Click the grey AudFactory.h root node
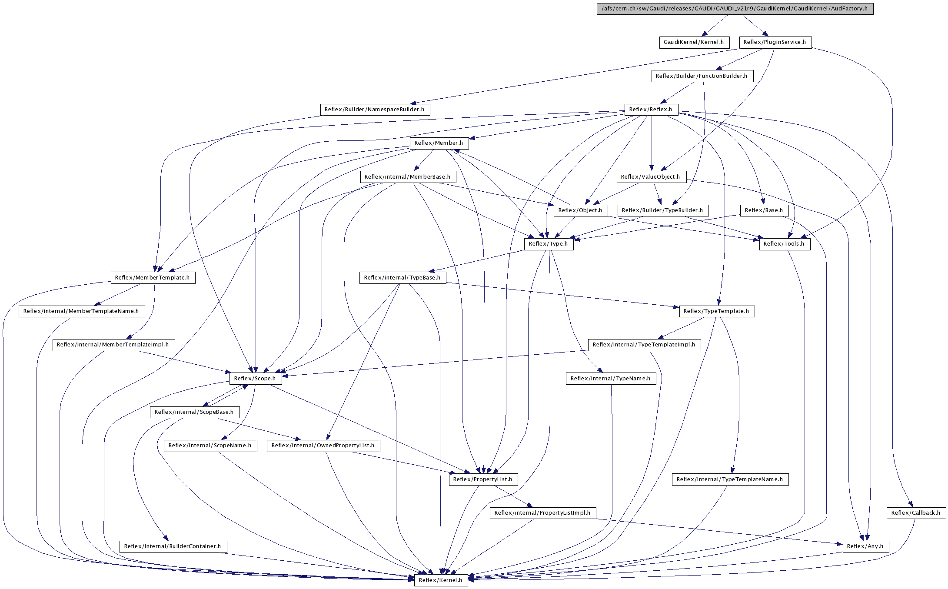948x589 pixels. click(x=735, y=9)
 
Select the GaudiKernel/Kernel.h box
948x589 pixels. click(x=694, y=42)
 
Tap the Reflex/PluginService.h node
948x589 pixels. click(x=775, y=42)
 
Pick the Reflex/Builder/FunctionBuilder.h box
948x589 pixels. click(x=702, y=76)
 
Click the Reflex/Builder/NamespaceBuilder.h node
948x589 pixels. click(x=375, y=110)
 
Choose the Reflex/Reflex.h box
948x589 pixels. click(x=651, y=110)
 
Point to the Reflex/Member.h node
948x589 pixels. click(x=439, y=143)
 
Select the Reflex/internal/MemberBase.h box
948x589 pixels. click(x=408, y=177)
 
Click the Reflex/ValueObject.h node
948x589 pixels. click(x=651, y=177)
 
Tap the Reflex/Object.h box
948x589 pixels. click(x=581, y=210)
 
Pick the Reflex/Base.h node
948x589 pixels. click(x=764, y=210)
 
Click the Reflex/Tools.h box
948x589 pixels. click(x=785, y=244)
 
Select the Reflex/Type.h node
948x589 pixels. click(x=549, y=244)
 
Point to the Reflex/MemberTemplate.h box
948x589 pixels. click(x=153, y=278)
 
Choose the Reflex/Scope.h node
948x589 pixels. click(x=256, y=379)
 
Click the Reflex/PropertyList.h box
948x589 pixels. click(x=483, y=479)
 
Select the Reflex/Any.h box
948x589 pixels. click(x=866, y=546)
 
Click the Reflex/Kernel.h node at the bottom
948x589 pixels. click(x=441, y=580)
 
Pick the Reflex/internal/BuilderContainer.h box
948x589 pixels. click(x=173, y=546)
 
